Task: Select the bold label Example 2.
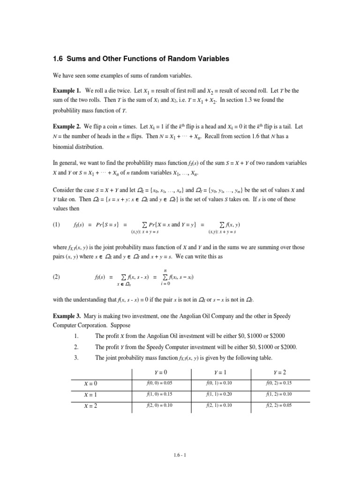pos(67,127)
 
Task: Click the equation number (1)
pos(57,225)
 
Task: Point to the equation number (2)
pos(57,277)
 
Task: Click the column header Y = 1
pos(221,372)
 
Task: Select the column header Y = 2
pos(281,372)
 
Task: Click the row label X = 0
pos(90,383)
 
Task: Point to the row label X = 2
pos(90,405)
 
